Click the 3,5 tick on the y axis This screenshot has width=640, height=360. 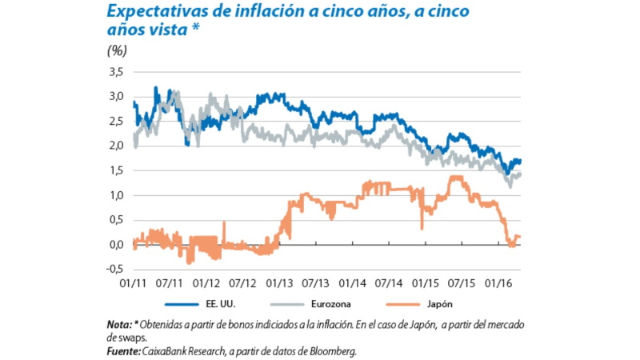coord(116,72)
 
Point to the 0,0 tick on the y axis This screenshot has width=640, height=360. coord(116,244)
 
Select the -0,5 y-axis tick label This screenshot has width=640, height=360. coord(114,269)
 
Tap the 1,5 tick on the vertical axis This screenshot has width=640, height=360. coord(116,170)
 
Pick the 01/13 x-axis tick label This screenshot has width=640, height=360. coord(278,282)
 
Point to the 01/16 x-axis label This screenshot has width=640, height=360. coord(498,282)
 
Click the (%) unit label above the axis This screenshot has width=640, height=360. coord(116,50)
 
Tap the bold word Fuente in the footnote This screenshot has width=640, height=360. coord(121,350)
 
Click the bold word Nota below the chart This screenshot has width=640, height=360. coord(117,326)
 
